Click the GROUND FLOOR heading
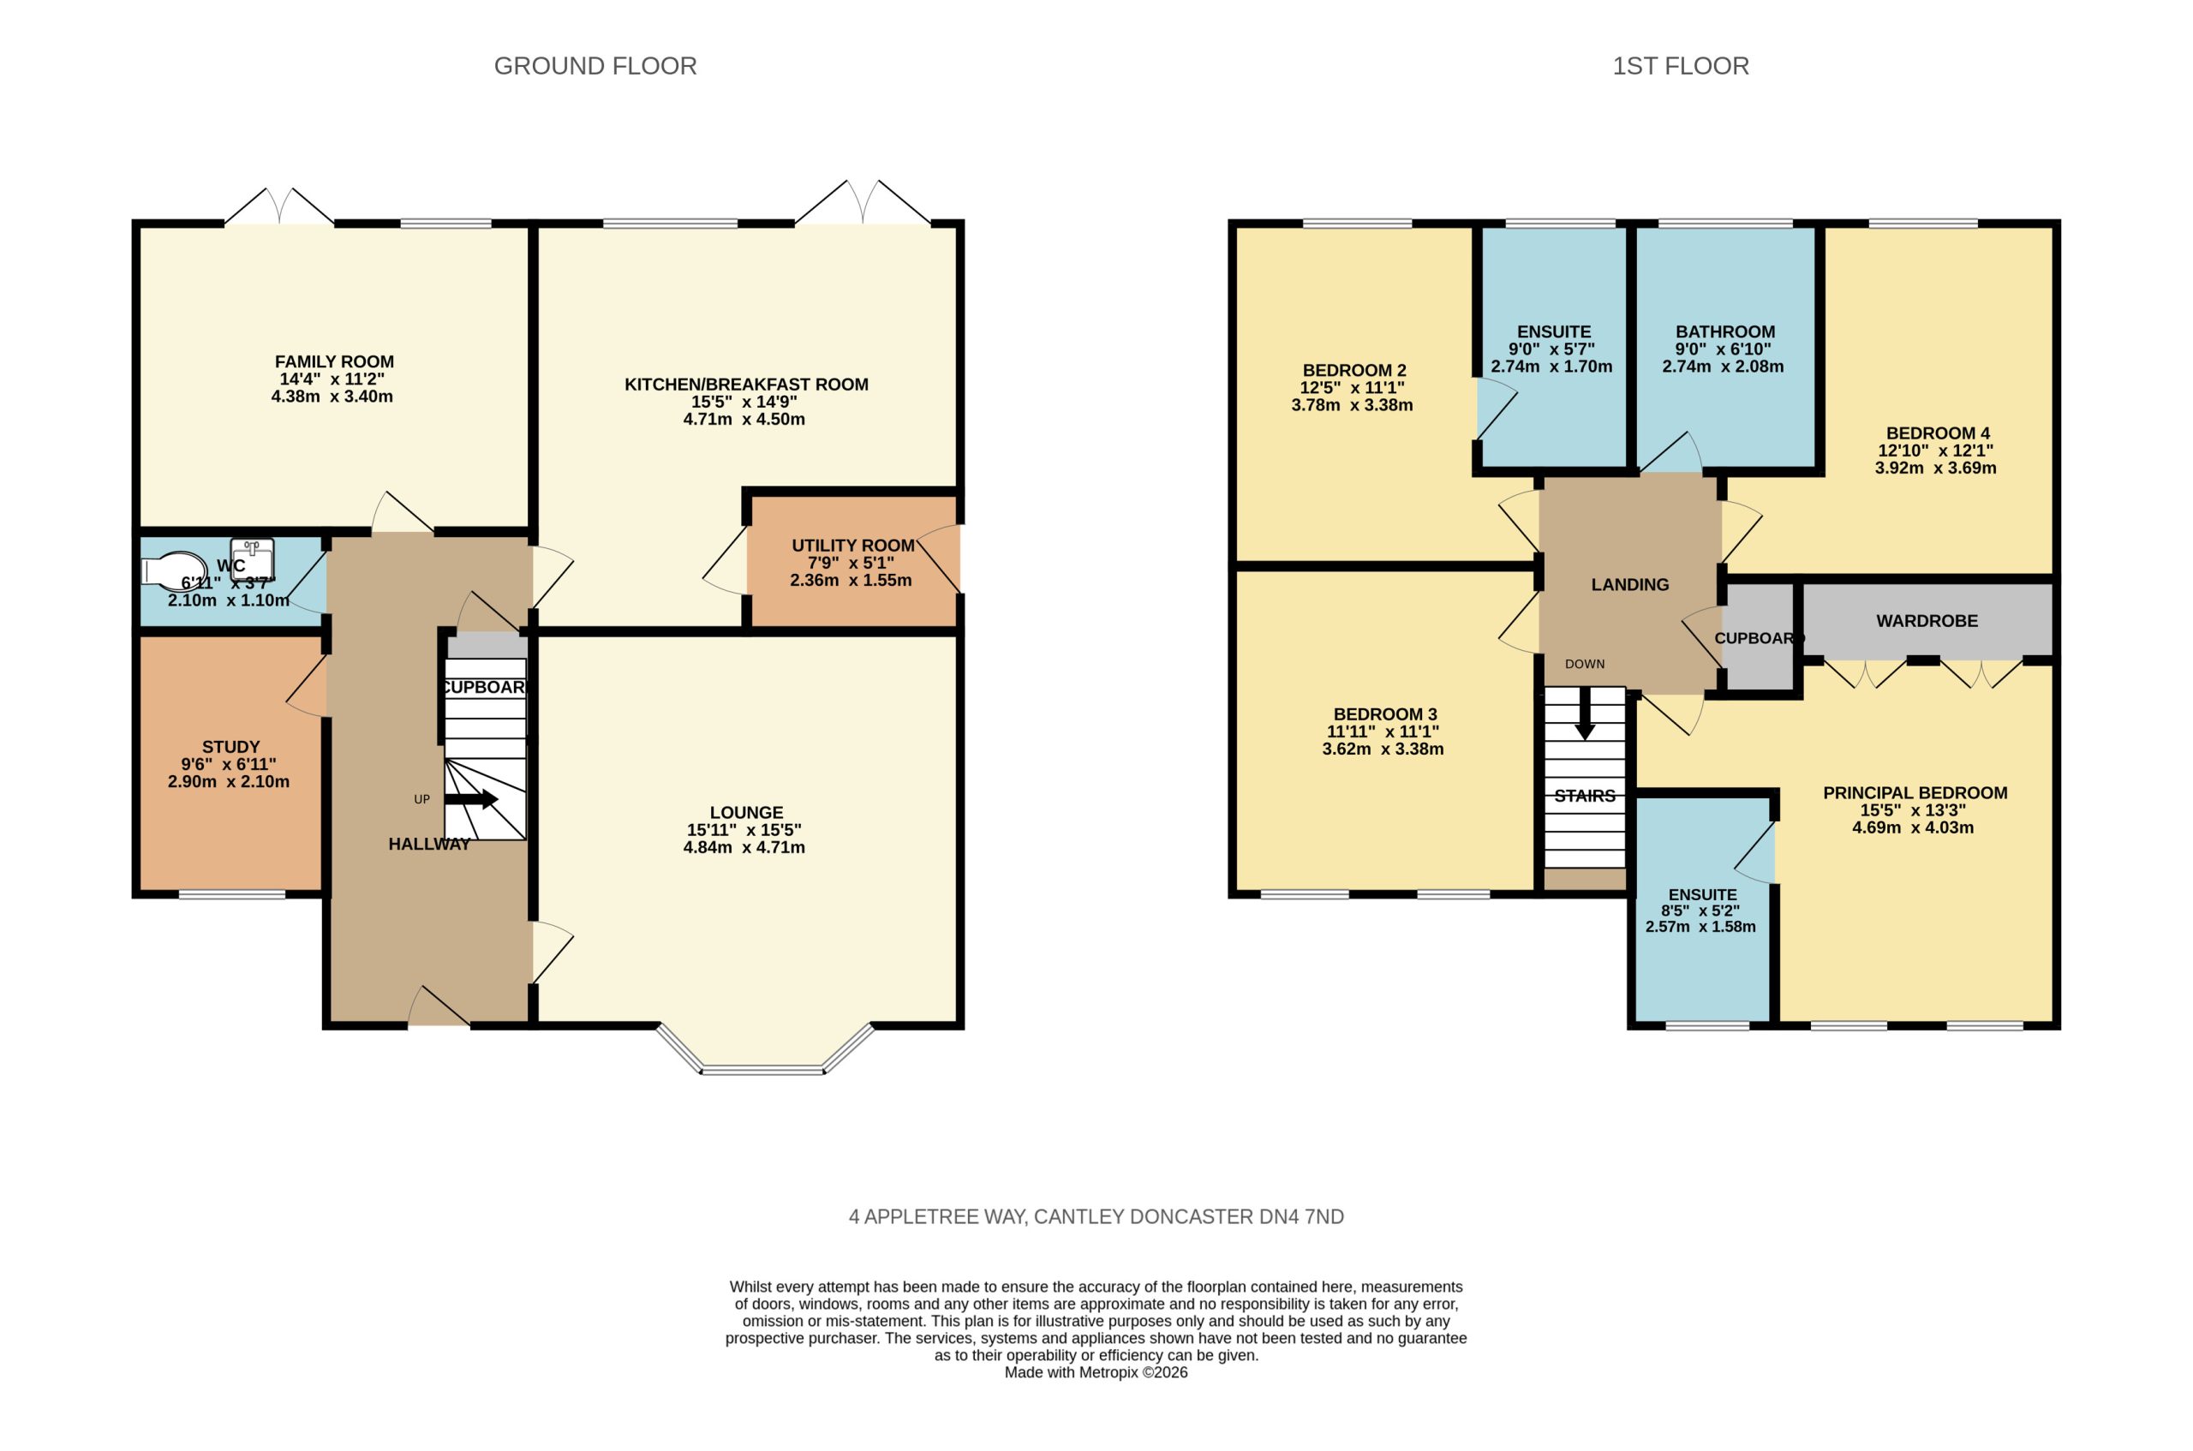coord(595,66)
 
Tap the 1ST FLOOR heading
coord(1681,66)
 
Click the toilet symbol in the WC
coord(174,571)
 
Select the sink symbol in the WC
coord(252,559)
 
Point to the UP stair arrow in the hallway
coord(471,799)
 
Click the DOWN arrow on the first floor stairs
coord(1585,713)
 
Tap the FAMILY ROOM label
coord(334,361)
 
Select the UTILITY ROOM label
coord(852,546)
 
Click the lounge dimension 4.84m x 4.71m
coord(744,847)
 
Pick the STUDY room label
coord(230,747)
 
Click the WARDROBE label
coord(1927,621)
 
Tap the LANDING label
coord(1629,585)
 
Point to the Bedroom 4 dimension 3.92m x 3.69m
coord(1935,469)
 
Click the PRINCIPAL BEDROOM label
coord(1915,793)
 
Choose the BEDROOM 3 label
coord(1384,714)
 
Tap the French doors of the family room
coord(279,206)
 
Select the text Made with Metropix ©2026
coord(1096,1372)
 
